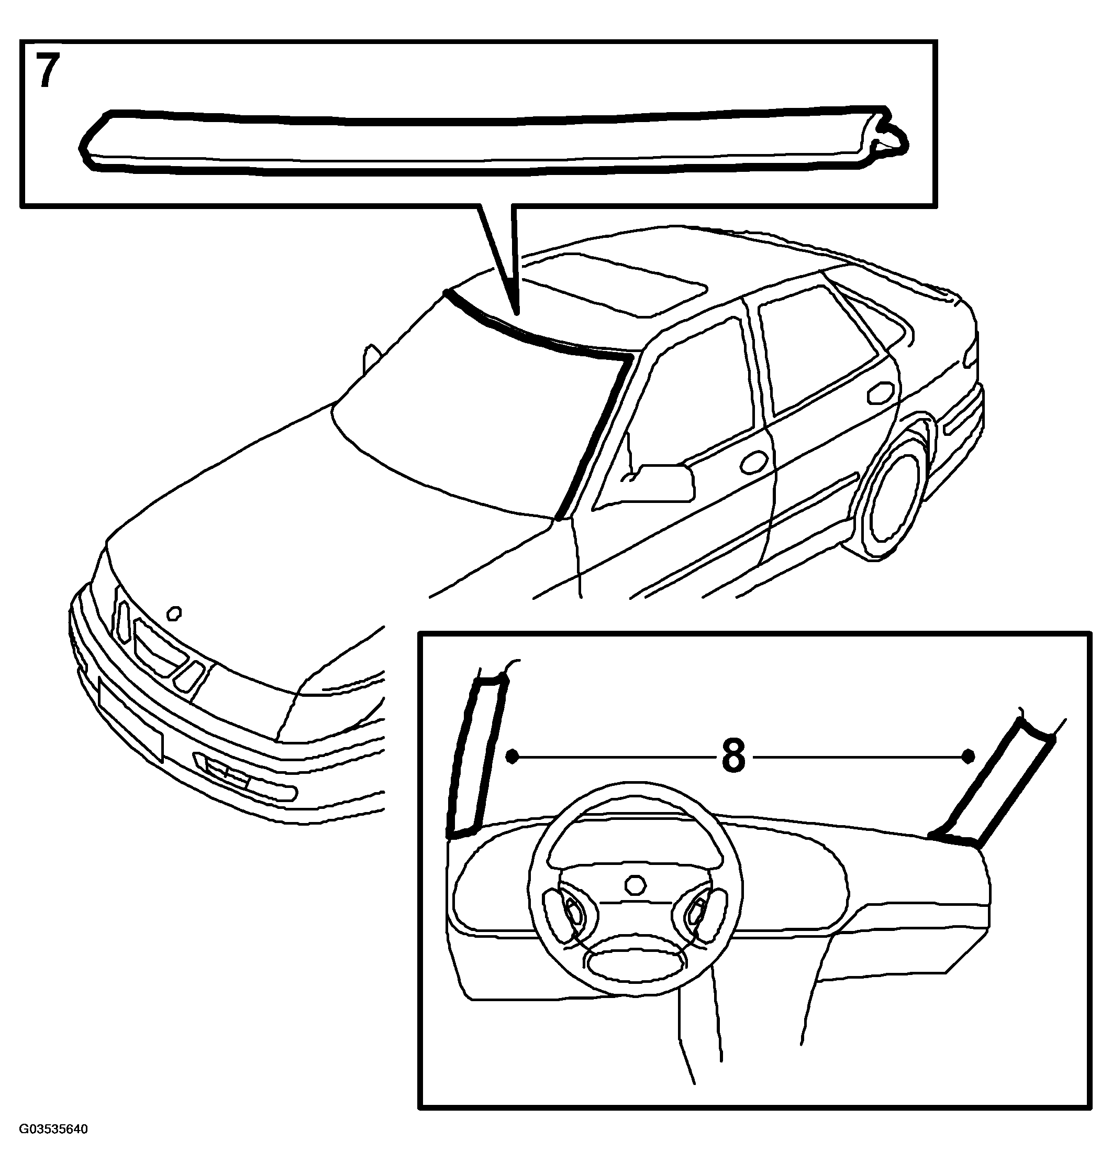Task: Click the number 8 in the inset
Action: pos(733,757)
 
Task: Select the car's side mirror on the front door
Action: pos(661,481)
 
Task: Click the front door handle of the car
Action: pos(753,463)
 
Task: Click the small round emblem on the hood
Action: pos(174,612)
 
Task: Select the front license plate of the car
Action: pos(130,721)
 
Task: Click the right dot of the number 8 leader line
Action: pos(968,756)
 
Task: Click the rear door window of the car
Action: pos(818,350)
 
